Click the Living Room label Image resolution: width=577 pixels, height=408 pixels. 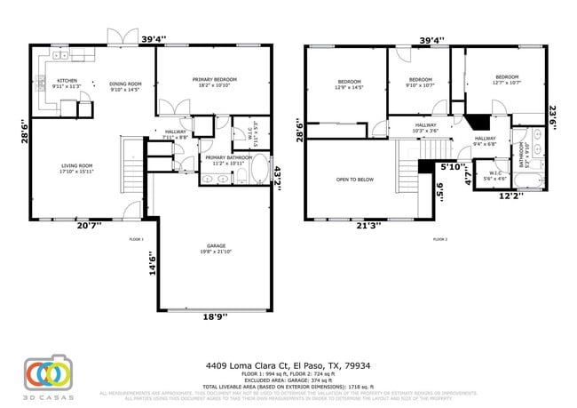coord(77,168)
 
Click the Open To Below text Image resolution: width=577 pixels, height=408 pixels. coord(354,180)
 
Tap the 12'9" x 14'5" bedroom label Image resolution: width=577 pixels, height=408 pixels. coord(349,84)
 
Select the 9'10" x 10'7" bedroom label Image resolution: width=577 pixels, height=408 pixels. coord(419,83)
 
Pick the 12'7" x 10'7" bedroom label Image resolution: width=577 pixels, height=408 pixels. coord(507,79)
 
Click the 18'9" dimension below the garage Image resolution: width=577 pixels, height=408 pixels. coord(211,317)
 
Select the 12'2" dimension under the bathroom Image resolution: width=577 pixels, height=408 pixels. coord(509,196)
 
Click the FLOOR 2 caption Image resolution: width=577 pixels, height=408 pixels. coord(441,239)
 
